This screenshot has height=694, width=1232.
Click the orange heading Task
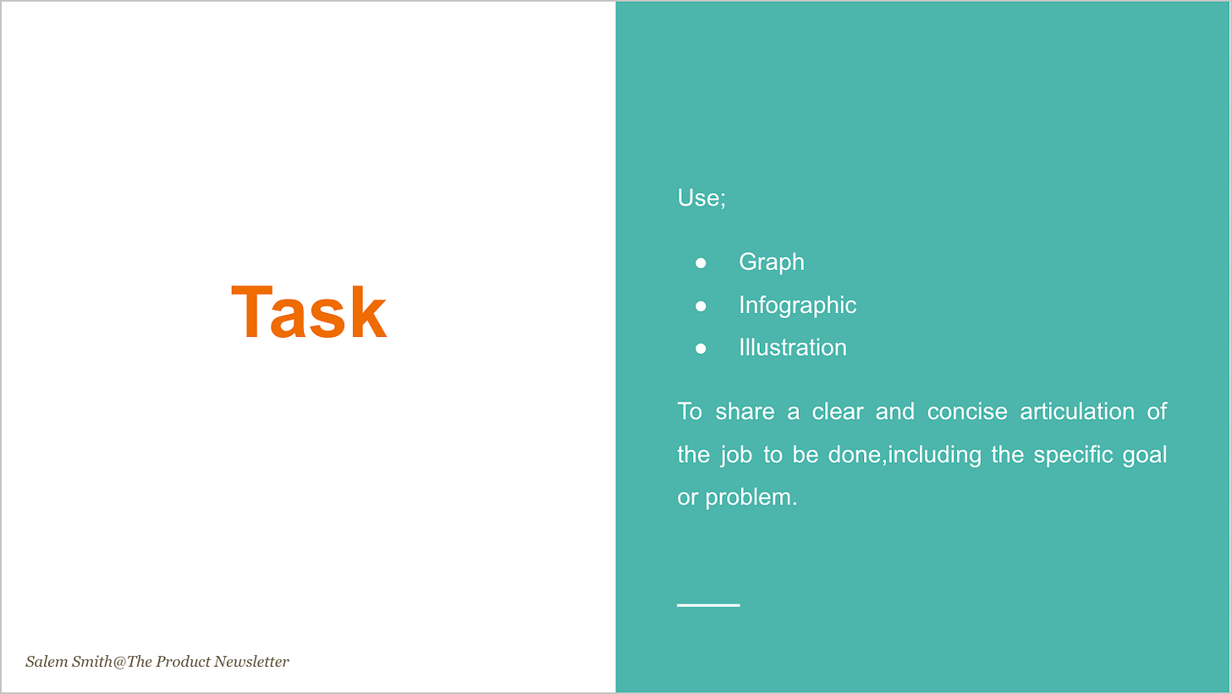pos(309,314)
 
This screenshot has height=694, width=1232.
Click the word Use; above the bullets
pos(701,198)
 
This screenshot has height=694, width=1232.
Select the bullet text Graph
pos(771,262)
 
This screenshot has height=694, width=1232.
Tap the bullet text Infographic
pos(797,305)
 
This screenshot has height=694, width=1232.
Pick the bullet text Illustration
pos(792,348)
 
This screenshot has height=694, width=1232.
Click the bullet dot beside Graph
pos(701,263)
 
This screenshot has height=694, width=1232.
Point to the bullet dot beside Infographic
pos(701,306)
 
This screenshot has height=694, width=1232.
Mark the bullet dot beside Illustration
pos(701,349)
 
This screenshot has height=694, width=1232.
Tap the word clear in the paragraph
pos(838,412)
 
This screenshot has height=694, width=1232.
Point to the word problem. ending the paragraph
pos(751,498)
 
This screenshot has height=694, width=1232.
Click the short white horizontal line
pos(708,605)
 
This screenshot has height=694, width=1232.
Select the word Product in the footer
pos(184,662)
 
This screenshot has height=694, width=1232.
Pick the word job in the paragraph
pos(736,455)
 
